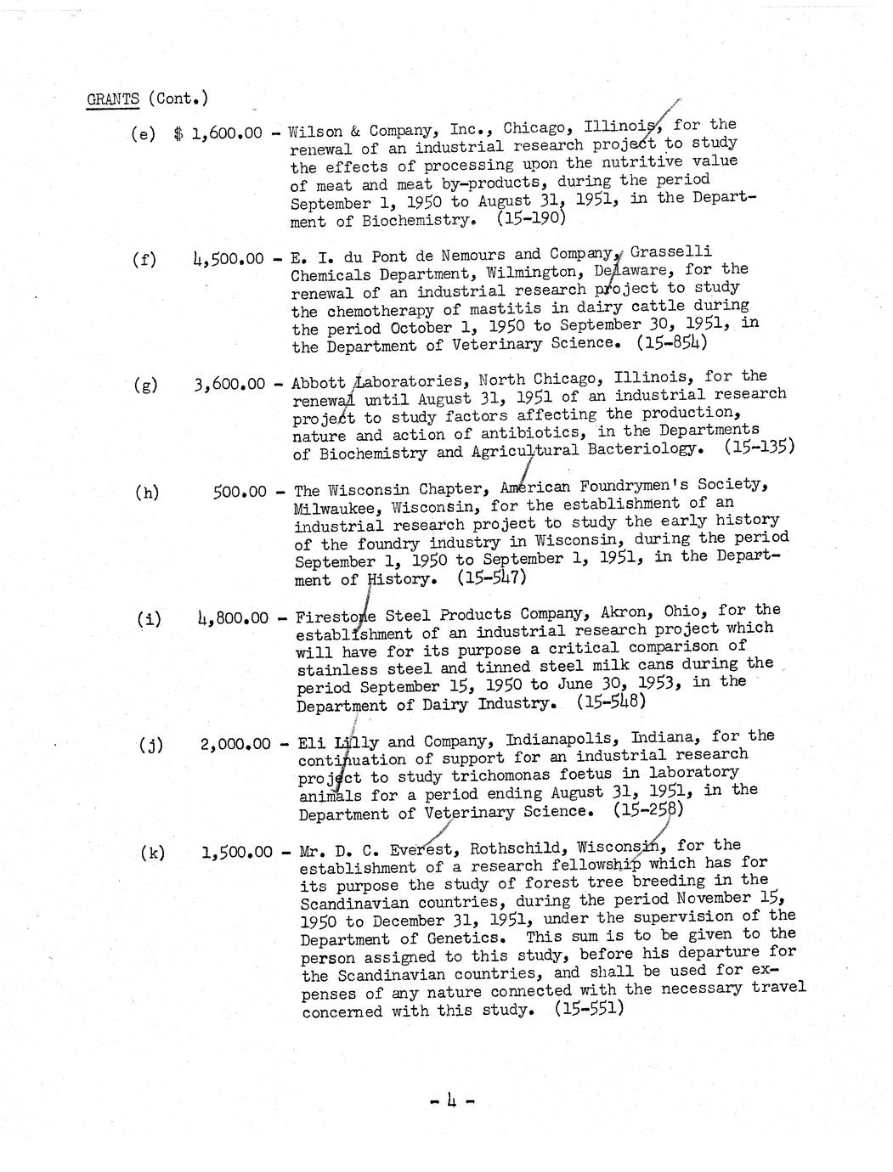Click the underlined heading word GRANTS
pos(113,99)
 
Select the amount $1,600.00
pos(218,134)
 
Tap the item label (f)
pos(144,259)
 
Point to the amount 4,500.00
pos(229,259)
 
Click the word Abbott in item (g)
pos(319,383)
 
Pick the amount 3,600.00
pos(229,384)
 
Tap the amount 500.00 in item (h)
pos(240,492)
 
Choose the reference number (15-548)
pos(611,702)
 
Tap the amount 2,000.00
pos(235,744)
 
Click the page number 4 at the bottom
pos(451,1102)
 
